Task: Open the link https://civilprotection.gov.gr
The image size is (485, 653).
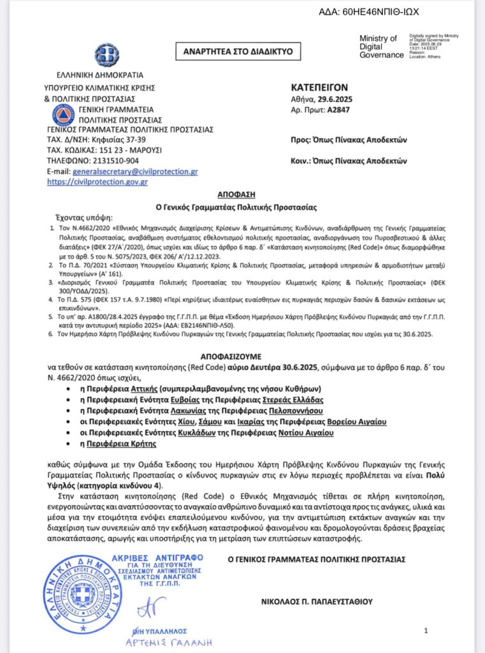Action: (x=98, y=182)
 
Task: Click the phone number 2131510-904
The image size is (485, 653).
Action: (x=109, y=161)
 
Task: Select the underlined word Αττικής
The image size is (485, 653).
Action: (x=162, y=388)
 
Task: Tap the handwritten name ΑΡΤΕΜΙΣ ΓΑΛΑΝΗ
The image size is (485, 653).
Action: (x=170, y=642)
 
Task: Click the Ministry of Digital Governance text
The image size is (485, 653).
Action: (x=380, y=47)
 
